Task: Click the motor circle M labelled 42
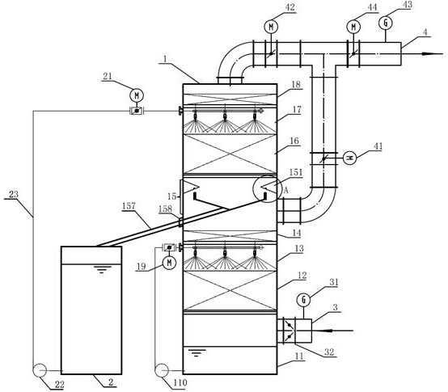pyautogui.click(x=271, y=27)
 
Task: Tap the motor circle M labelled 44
pyautogui.click(x=353, y=27)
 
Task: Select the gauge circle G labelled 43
pyautogui.click(x=386, y=23)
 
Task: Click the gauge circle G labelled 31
pyautogui.click(x=304, y=300)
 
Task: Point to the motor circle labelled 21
pyautogui.click(x=137, y=95)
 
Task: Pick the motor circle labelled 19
pyautogui.click(x=169, y=263)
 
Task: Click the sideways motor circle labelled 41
pyautogui.click(x=349, y=158)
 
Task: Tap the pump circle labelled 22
pyautogui.click(x=40, y=370)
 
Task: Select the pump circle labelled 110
pyautogui.click(x=161, y=370)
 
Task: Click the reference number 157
pyautogui.click(x=129, y=206)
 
